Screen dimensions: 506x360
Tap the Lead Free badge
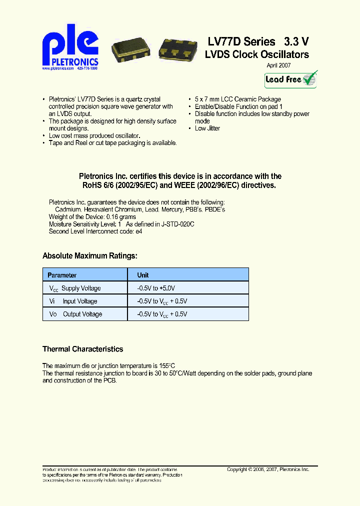tap(290, 79)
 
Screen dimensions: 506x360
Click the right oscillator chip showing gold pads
tap(177, 49)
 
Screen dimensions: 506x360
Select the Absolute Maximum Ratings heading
tap(89, 256)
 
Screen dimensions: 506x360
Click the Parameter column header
tap(62, 275)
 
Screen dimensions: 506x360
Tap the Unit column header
tap(143, 275)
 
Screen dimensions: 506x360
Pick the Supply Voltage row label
tap(80, 288)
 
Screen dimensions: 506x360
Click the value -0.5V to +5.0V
tap(156, 288)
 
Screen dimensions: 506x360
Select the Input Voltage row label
tap(79, 301)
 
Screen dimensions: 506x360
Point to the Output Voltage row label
tap(82, 314)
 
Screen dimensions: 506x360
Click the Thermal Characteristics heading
tap(82, 349)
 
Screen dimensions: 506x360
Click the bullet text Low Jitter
tap(207, 128)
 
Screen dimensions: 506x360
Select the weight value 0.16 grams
tap(120, 217)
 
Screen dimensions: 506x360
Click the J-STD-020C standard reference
tap(177, 224)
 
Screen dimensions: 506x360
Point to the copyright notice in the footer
tap(268, 469)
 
